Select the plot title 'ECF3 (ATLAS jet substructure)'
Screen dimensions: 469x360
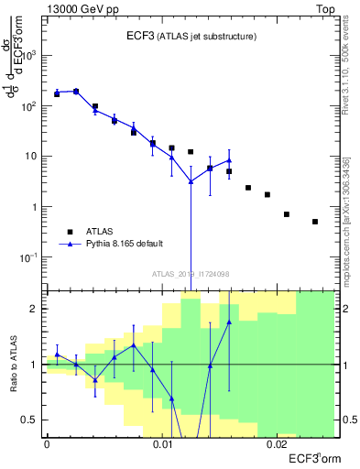pyautogui.click(x=191, y=37)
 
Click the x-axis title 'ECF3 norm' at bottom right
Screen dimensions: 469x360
pyautogui.click(x=313, y=457)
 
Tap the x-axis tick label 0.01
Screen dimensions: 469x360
pyautogui.click(x=163, y=444)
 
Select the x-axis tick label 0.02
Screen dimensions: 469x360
pyautogui.click(x=278, y=444)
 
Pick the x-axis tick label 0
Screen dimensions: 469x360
pyautogui.click(x=47, y=444)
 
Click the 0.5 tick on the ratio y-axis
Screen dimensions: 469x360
pyautogui.click(x=35, y=420)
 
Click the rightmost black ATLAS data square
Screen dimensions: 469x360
pyautogui.click(x=314, y=222)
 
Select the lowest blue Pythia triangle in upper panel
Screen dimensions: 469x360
pyautogui.click(x=191, y=181)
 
